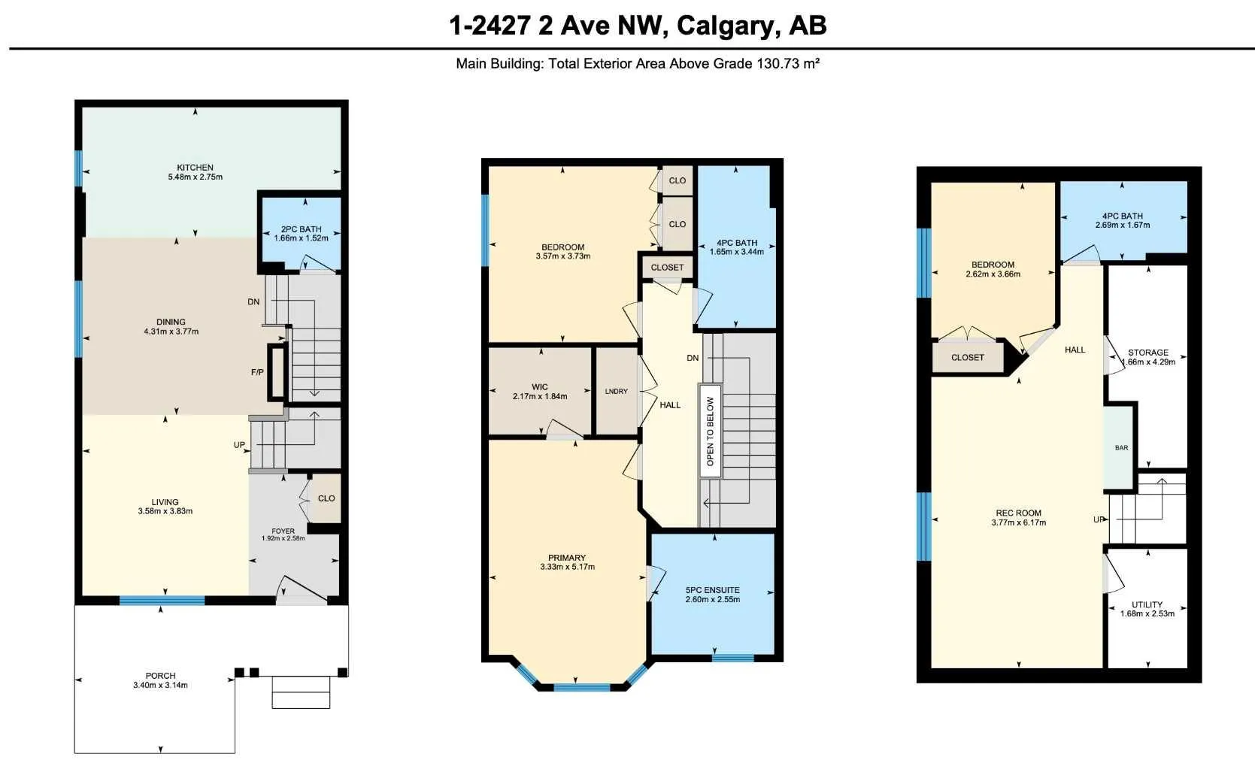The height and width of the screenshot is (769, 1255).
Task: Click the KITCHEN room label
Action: [x=195, y=168]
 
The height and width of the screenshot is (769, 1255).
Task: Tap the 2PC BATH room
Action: [x=302, y=234]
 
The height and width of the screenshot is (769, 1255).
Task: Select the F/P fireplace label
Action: [x=257, y=372]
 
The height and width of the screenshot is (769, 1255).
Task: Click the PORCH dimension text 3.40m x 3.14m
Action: [x=160, y=685]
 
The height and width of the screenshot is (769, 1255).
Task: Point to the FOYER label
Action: [x=283, y=531]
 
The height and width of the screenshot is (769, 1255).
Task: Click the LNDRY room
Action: [x=617, y=391]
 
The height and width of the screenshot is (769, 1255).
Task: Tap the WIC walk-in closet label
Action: [x=540, y=387]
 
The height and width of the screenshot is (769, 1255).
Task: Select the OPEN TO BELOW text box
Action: [x=710, y=431]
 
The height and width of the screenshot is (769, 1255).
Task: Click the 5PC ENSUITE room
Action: [x=713, y=594]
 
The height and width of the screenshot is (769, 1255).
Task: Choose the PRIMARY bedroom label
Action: [x=567, y=558]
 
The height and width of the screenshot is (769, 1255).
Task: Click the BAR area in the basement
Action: [x=1120, y=447]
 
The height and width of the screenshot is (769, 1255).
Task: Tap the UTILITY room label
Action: [x=1147, y=605]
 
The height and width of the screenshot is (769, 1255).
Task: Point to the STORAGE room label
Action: [x=1148, y=353]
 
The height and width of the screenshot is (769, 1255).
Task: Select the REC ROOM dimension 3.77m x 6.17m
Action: [x=1019, y=522]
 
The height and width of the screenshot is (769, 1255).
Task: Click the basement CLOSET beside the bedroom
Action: [x=968, y=357]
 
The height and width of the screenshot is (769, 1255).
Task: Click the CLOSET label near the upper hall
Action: [x=667, y=268]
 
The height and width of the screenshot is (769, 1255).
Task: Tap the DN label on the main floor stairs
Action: [x=253, y=302]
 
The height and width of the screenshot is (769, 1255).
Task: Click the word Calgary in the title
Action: [x=724, y=26]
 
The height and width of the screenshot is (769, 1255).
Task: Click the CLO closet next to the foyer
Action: [x=326, y=498]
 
